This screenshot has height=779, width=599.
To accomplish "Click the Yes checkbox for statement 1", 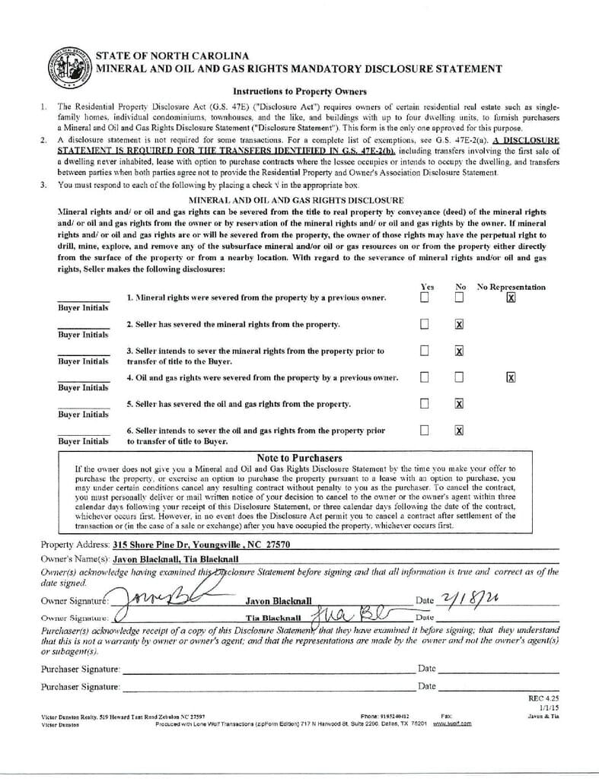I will (x=425, y=297).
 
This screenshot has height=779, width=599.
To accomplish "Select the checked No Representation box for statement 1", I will (x=511, y=297).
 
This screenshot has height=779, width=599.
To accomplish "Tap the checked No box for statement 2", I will (x=459, y=325).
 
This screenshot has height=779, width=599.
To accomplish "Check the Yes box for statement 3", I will (x=425, y=351).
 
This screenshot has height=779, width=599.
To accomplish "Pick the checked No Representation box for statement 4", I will (x=511, y=377).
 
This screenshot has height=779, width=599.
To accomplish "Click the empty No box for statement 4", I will (x=459, y=377).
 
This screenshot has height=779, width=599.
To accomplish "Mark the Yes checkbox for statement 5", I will (x=425, y=403).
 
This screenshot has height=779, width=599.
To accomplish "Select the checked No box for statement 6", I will (x=459, y=430).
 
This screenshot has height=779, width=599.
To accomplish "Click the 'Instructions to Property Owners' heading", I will (x=299, y=91).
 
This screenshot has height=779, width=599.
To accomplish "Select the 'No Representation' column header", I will (x=511, y=287).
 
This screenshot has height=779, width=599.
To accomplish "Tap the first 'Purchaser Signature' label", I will (x=80, y=669).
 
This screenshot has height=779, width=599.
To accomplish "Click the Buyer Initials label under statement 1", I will (x=84, y=307).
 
